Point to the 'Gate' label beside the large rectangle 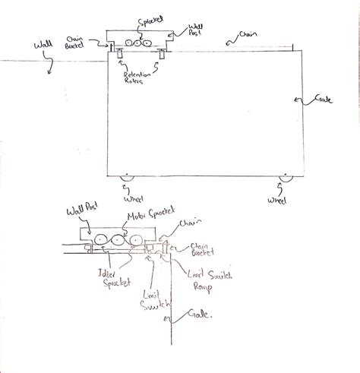pyautogui.click(x=324, y=100)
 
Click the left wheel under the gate pyautogui.click(x=127, y=179)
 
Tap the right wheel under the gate pyautogui.click(x=285, y=179)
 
